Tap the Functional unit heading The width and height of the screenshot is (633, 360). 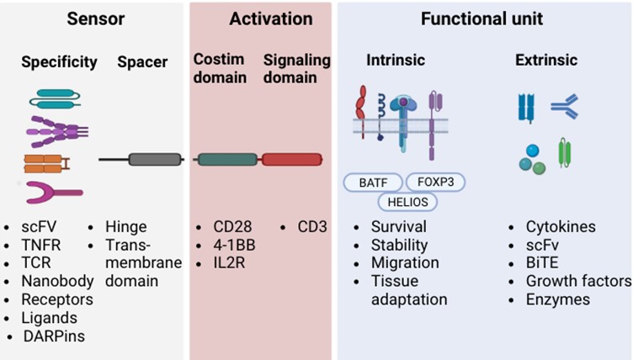(x=482, y=19)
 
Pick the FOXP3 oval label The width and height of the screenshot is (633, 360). (x=435, y=182)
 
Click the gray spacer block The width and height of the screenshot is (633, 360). (x=155, y=159)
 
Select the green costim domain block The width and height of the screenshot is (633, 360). (x=227, y=159)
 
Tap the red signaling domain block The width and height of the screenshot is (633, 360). (x=291, y=159)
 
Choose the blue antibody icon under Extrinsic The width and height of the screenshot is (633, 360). (x=563, y=106)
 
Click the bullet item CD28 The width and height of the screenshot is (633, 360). (x=231, y=227)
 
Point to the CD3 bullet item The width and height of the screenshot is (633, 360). (x=311, y=227)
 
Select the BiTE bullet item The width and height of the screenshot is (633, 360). (x=544, y=263)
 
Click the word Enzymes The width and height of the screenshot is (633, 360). (x=560, y=299)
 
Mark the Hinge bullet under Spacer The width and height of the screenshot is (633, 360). (x=126, y=227)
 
